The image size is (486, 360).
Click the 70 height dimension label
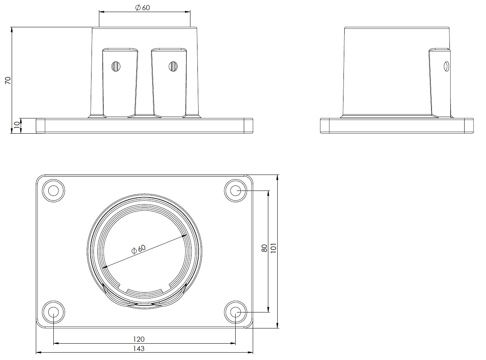click(8, 81)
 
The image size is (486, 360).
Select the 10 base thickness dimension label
click(17, 125)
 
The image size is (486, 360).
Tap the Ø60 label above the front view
click(143, 8)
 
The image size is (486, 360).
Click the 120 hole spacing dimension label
click(139, 339)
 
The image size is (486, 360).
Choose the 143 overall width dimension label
click(139, 348)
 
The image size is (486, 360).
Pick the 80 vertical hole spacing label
click(264, 248)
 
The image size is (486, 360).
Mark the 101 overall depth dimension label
click(274, 248)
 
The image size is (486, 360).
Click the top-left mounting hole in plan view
click(53, 191)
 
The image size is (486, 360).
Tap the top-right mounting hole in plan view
click(236, 191)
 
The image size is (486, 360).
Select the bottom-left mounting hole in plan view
click(53, 312)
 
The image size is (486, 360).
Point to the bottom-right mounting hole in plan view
click(236, 312)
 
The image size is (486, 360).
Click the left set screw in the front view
click(116, 67)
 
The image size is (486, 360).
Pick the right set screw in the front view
click(173, 67)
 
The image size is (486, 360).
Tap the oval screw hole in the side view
click(446, 67)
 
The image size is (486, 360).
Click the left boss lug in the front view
click(120, 83)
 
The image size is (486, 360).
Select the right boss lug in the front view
click(169, 83)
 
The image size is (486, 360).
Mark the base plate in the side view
click(397, 126)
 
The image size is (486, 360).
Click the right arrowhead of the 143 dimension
click(251, 353)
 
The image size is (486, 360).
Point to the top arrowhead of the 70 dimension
click(11, 30)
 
